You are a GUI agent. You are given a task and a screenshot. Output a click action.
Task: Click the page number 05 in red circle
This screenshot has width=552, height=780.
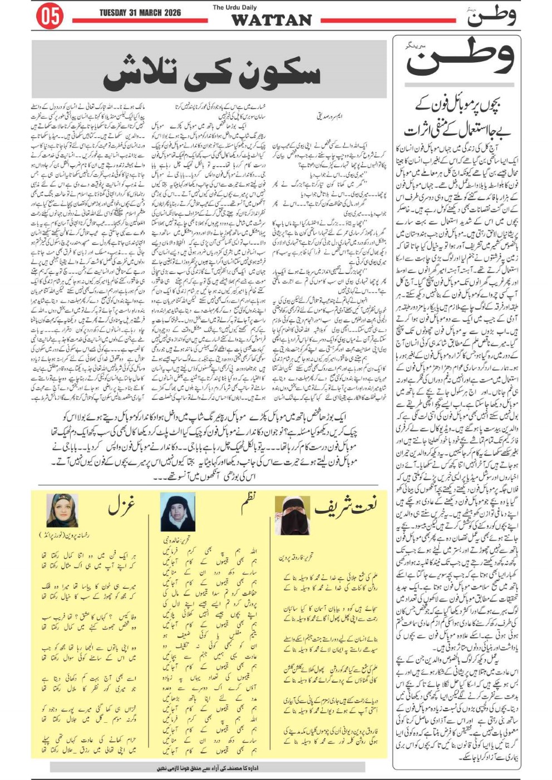click(x=50, y=17)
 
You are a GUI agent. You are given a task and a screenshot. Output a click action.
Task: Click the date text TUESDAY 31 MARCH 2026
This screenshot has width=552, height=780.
click(x=140, y=13)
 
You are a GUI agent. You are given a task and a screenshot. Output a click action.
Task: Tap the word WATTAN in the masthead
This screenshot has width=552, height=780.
click(x=271, y=21)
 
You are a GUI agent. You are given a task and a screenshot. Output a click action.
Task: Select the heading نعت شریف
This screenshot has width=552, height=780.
click(x=346, y=506)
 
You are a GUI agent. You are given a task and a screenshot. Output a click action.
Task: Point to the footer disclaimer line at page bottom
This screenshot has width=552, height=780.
click(x=207, y=768)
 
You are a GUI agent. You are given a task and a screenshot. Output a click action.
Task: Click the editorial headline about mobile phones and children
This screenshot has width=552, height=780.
click(x=457, y=117)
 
